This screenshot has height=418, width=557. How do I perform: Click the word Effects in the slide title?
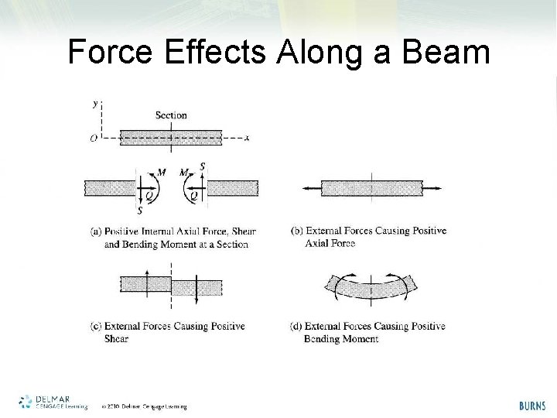(215, 53)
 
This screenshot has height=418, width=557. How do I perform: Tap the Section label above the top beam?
(171, 115)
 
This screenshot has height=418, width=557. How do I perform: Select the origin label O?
(93, 139)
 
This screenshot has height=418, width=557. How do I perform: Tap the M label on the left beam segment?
(161, 172)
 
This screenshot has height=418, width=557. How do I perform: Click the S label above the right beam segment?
(202, 166)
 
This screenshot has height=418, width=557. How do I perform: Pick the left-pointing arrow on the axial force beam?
(309, 188)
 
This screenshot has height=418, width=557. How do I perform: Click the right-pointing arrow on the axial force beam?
(434, 188)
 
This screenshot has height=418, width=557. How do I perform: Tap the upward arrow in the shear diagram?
(147, 283)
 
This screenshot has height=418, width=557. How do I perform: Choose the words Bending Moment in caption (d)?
(341, 339)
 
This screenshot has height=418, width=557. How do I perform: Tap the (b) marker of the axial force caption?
(297, 231)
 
